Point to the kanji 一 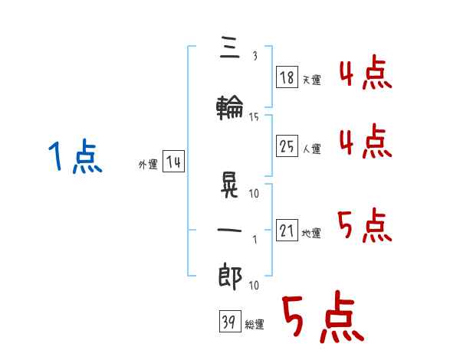click(229, 231)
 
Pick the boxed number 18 click(287, 77)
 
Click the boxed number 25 click(287, 147)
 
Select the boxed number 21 click(287, 231)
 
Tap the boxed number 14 click(172, 162)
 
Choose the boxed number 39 click(228, 323)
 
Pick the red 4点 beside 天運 click(365, 75)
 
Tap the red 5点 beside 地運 click(365, 225)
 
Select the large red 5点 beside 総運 click(322, 317)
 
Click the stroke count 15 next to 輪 click(254, 117)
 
